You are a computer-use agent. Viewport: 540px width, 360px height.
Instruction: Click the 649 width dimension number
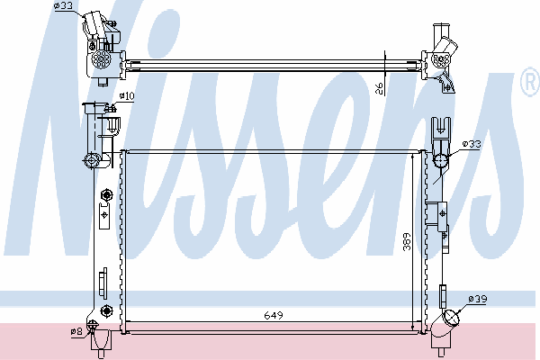tap(274, 315)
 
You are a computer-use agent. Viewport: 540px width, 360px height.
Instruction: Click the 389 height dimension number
tap(408, 241)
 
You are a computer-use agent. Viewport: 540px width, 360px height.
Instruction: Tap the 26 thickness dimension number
tap(379, 89)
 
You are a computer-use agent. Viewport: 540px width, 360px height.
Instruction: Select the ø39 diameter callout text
tap(478, 299)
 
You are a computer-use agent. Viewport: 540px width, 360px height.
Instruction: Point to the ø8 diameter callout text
tap(76, 331)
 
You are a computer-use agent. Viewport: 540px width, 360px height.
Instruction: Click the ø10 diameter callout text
tap(126, 95)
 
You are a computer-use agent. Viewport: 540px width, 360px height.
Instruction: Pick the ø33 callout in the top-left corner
tap(63, 5)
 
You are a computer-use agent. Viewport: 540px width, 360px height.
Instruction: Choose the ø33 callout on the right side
tap(472, 144)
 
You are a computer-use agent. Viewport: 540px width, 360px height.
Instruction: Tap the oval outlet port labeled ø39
tap(451, 318)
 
